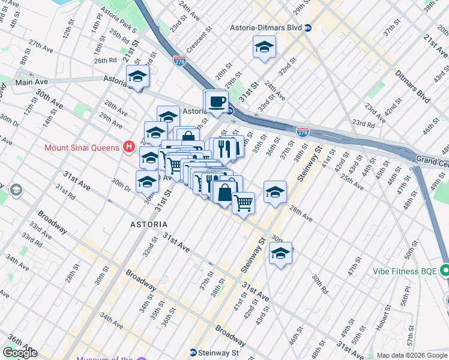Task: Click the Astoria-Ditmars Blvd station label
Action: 266,28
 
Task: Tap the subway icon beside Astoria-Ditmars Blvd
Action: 308,28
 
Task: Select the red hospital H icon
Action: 128,146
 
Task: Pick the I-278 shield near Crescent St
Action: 179,60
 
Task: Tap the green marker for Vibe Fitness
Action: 444,271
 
